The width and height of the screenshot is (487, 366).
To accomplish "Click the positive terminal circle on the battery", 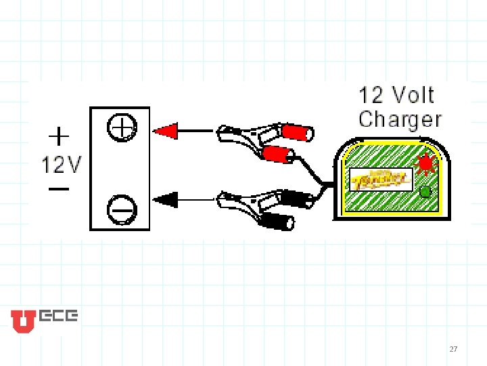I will pyautogui.click(x=122, y=127).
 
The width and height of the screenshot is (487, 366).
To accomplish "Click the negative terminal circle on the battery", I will pyautogui.click(x=122, y=209).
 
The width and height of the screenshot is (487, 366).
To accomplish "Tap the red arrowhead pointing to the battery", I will pyautogui.click(x=166, y=130).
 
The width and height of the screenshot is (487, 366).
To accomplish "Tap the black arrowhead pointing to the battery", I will pyautogui.click(x=166, y=199).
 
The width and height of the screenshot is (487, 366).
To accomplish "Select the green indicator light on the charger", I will pyautogui.click(x=425, y=192).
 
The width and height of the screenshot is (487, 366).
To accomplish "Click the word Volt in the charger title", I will pyautogui.click(x=412, y=95).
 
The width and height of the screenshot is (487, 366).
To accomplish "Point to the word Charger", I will pyautogui.click(x=400, y=119).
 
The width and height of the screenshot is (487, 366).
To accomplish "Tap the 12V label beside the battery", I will pyautogui.click(x=62, y=164).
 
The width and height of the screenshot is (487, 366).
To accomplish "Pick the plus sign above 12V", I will pyautogui.click(x=60, y=137).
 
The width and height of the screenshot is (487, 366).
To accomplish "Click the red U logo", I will pyautogui.click(x=23, y=321).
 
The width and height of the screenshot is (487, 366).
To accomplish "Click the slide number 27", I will pyautogui.click(x=453, y=349).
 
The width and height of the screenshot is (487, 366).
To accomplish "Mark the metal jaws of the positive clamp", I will pyautogui.click(x=233, y=134).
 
